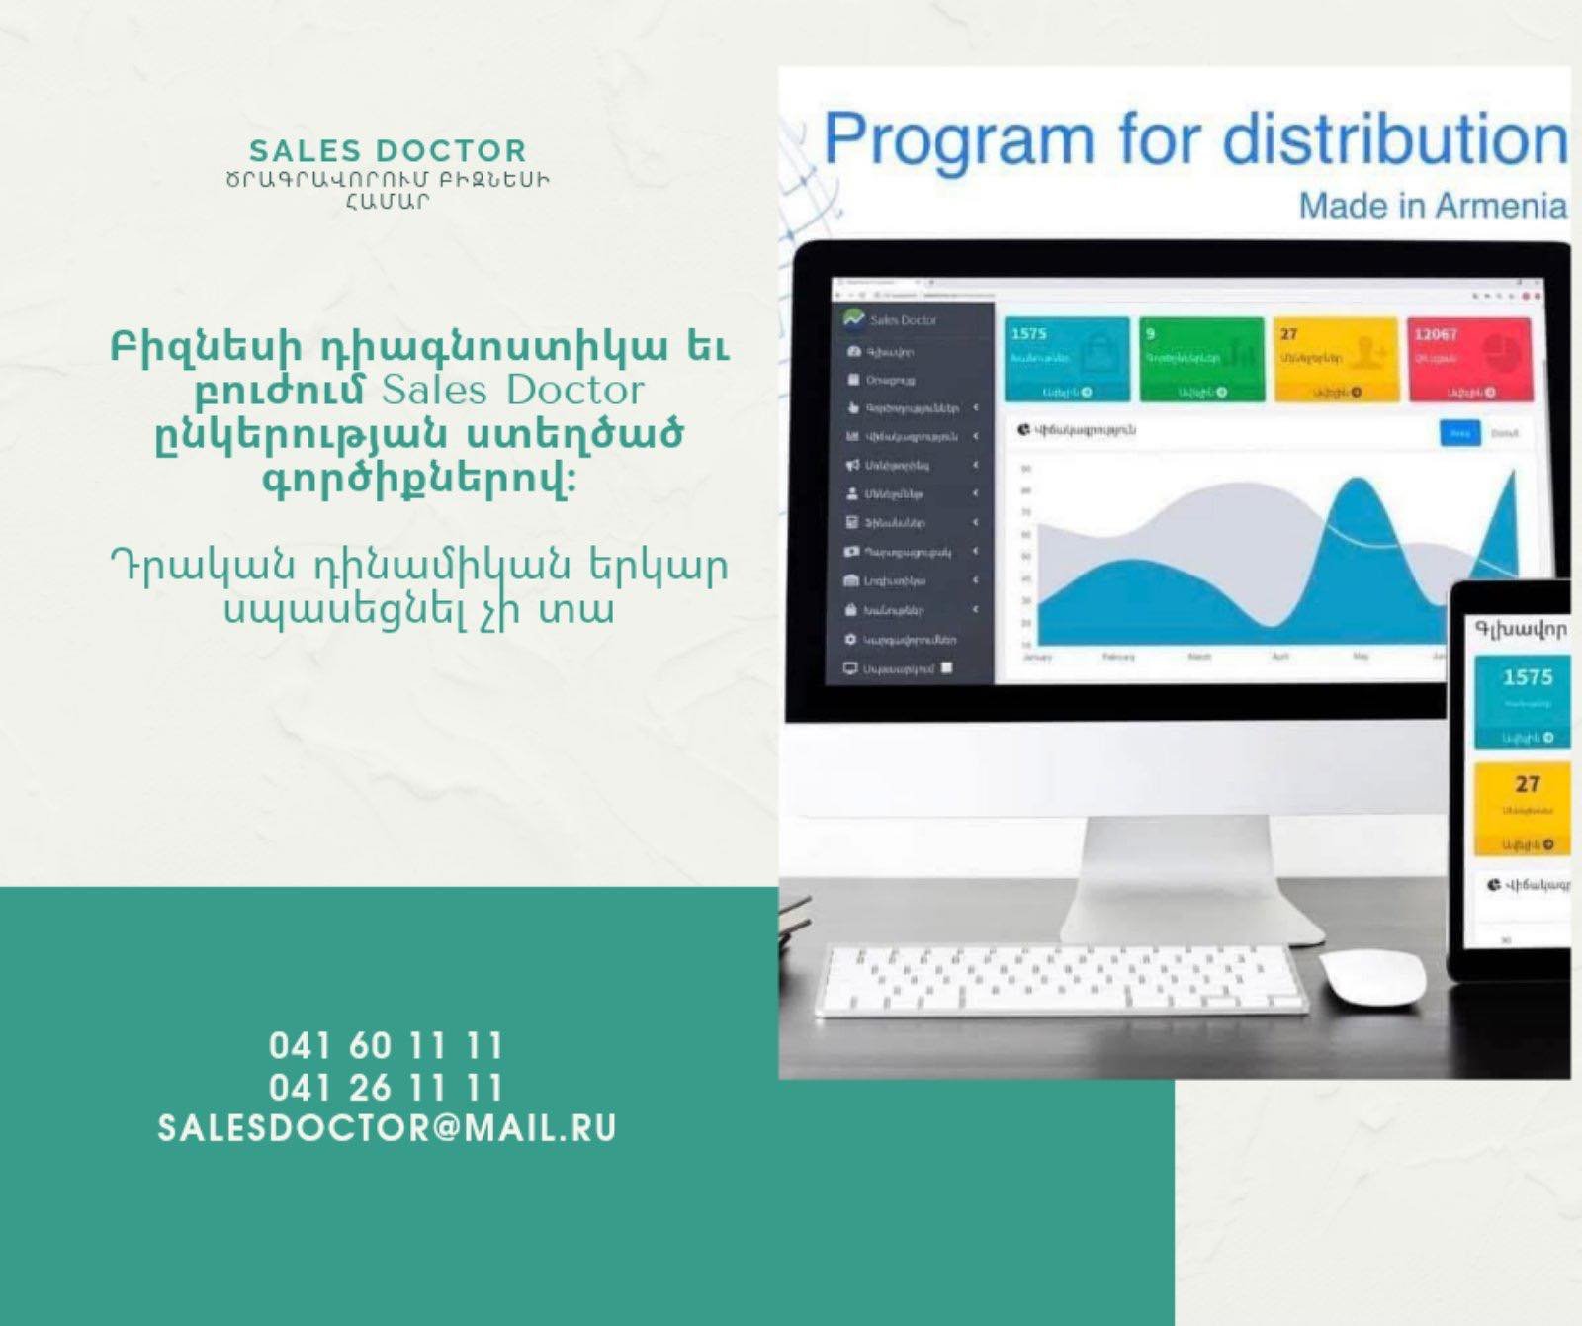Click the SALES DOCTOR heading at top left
(x=388, y=151)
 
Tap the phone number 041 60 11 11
(x=386, y=1045)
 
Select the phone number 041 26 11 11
(x=386, y=1088)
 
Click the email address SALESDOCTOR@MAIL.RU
(x=387, y=1128)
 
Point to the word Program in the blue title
(x=958, y=140)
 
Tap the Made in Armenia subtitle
(x=1432, y=206)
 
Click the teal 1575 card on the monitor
(x=1067, y=359)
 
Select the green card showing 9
(x=1201, y=359)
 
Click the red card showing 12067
(x=1469, y=359)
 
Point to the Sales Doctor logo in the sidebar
(x=891, y=319)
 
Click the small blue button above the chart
(x=1459, y=433)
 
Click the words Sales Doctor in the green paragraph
(x=512, y=391)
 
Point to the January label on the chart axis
(x=1036, y=657)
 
